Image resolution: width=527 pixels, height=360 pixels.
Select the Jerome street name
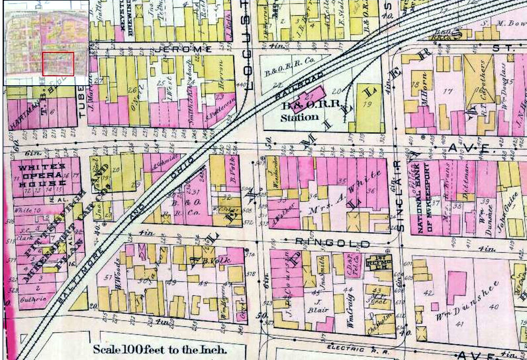coord(184,49)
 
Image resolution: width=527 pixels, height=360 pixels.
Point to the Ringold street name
coord(333,243)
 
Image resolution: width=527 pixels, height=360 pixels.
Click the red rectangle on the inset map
coord(58,64)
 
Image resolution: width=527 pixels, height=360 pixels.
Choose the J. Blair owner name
coord(318,306)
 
